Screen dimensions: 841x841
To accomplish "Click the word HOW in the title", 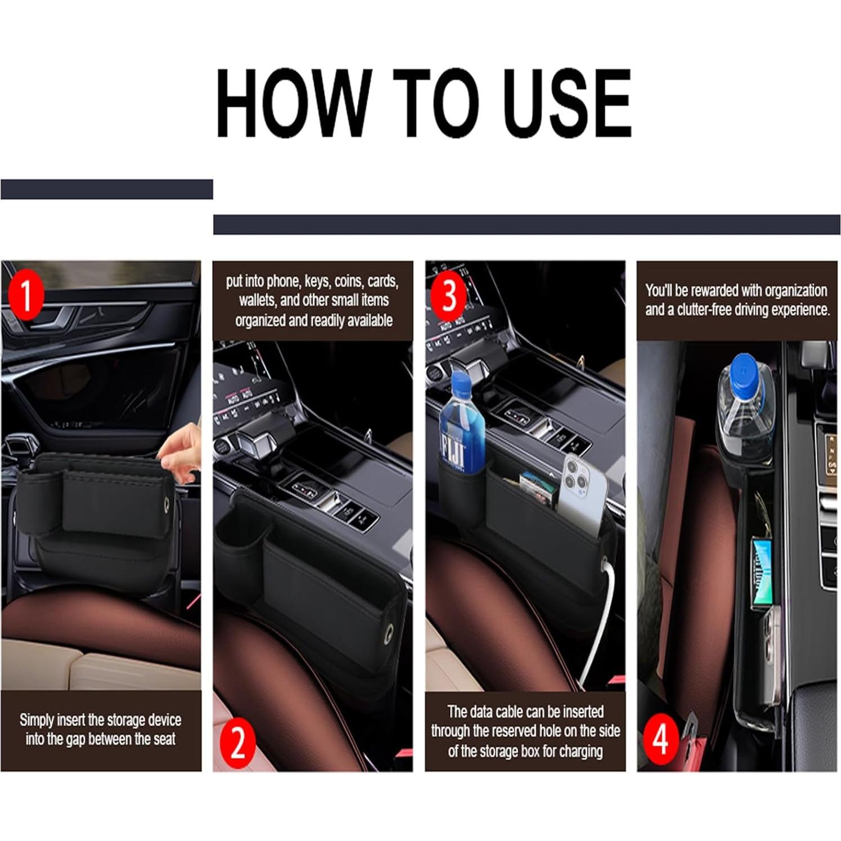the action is click(x=294, y=103).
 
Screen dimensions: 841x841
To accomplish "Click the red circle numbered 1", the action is click(x=26, y=294).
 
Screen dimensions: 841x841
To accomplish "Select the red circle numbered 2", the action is click(x=238, y=742).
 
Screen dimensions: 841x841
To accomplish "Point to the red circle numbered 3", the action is click(x=448, y=294).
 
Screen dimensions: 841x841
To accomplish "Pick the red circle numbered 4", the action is click(x=661, y=738).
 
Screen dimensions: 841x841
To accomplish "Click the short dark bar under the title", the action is click(x=107, y=189).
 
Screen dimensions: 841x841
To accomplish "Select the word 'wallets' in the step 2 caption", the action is click(x=257, y=301).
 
